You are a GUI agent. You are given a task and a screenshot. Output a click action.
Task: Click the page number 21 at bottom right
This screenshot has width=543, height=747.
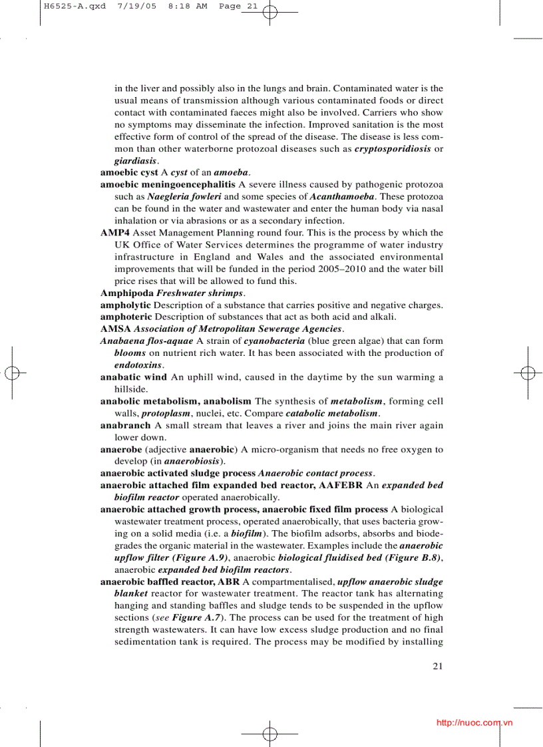click(x=437, y=665)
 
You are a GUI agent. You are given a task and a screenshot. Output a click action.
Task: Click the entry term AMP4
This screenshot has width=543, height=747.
click(x=115, y=233)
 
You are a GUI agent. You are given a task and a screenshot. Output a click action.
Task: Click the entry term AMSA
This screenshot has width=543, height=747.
click(x=115, y=329)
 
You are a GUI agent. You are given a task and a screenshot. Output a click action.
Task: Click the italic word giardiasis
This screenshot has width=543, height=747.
click(x=135, y=161)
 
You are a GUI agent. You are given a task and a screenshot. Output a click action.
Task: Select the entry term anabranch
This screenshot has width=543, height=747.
click(x=125, y=425)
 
